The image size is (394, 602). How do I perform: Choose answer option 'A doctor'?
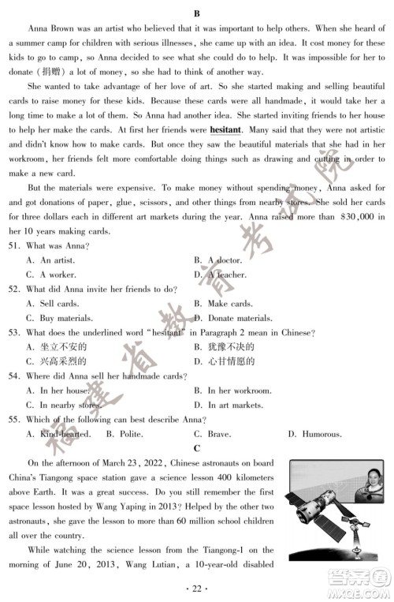[223, 260]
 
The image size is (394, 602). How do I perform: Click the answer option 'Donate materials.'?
[240, 318]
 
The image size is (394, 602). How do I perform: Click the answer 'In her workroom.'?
[238, 390]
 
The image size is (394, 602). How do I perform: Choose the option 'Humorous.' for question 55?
[314, 433]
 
